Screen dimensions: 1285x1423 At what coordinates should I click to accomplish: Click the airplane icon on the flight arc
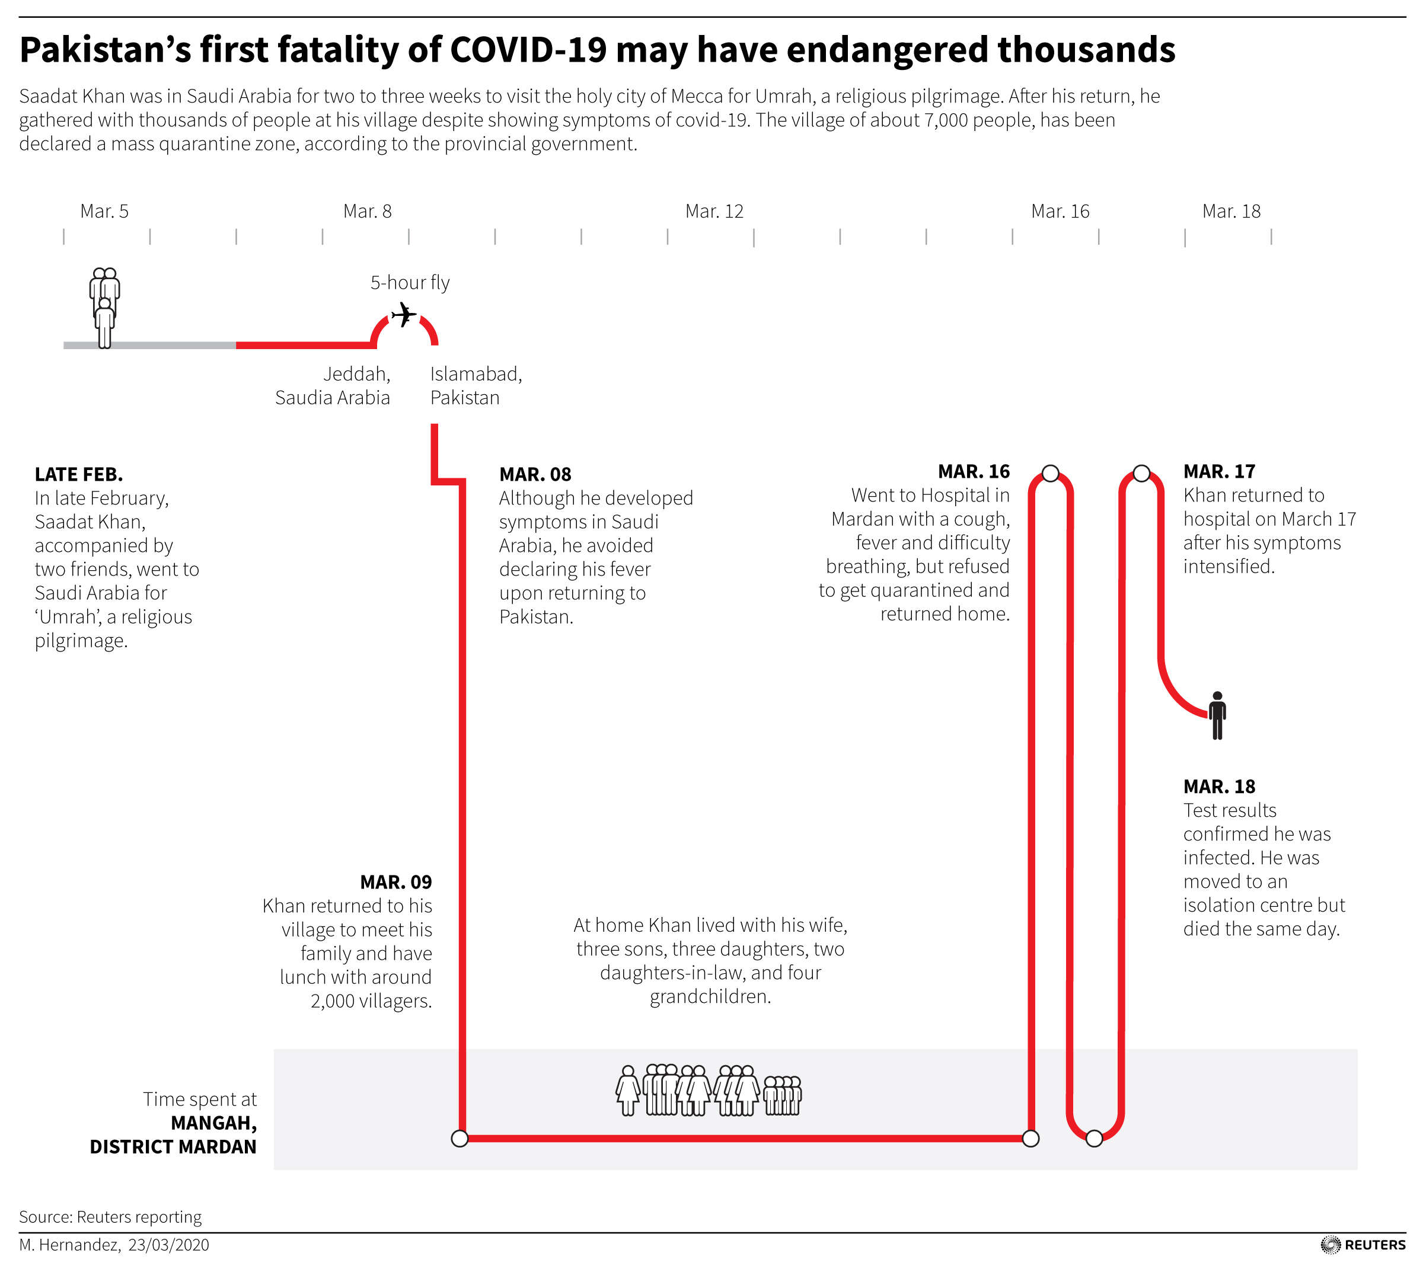click(x=404, y=315)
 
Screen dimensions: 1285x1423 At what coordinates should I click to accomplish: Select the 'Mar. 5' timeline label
click(x=104, y=211)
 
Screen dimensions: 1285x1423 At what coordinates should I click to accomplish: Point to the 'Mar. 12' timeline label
click(x=714, y=211)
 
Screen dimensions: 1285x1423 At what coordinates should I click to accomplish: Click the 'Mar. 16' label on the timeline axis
click(x=1060, y=211)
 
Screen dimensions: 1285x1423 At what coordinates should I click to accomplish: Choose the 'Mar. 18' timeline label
click(x=1231, y=211)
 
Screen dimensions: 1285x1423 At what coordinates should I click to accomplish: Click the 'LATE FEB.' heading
click(x=79, y=474)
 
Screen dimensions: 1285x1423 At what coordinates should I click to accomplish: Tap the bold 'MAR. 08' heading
click(x=535, y=474)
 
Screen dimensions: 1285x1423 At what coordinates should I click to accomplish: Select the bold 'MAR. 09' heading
click(x=395, y=882)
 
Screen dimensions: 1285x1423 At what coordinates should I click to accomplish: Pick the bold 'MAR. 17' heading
click(x=1219, y=471)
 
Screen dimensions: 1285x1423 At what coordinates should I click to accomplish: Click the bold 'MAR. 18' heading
click(x=1219, y=786)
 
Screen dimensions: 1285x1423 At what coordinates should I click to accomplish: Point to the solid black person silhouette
click(x=1217, y=715)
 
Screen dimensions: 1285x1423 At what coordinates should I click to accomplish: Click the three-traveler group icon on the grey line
click(x=104, y=307)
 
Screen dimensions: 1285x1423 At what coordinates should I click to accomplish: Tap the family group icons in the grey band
click(x=708, y=1090)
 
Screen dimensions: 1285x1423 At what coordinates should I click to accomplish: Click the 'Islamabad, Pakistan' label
click(x=476, y=385)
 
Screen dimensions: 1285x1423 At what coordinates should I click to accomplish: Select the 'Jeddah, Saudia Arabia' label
click(x=333, y=385)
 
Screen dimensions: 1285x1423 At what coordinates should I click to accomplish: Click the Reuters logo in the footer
click(x=1363, y=1245)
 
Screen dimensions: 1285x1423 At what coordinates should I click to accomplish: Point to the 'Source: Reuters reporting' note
click(x=110, y=1217)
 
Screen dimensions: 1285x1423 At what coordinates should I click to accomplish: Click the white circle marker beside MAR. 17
click(x=1141, y=474)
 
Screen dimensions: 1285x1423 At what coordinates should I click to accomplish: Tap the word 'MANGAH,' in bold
click(x=213, y=1123)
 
